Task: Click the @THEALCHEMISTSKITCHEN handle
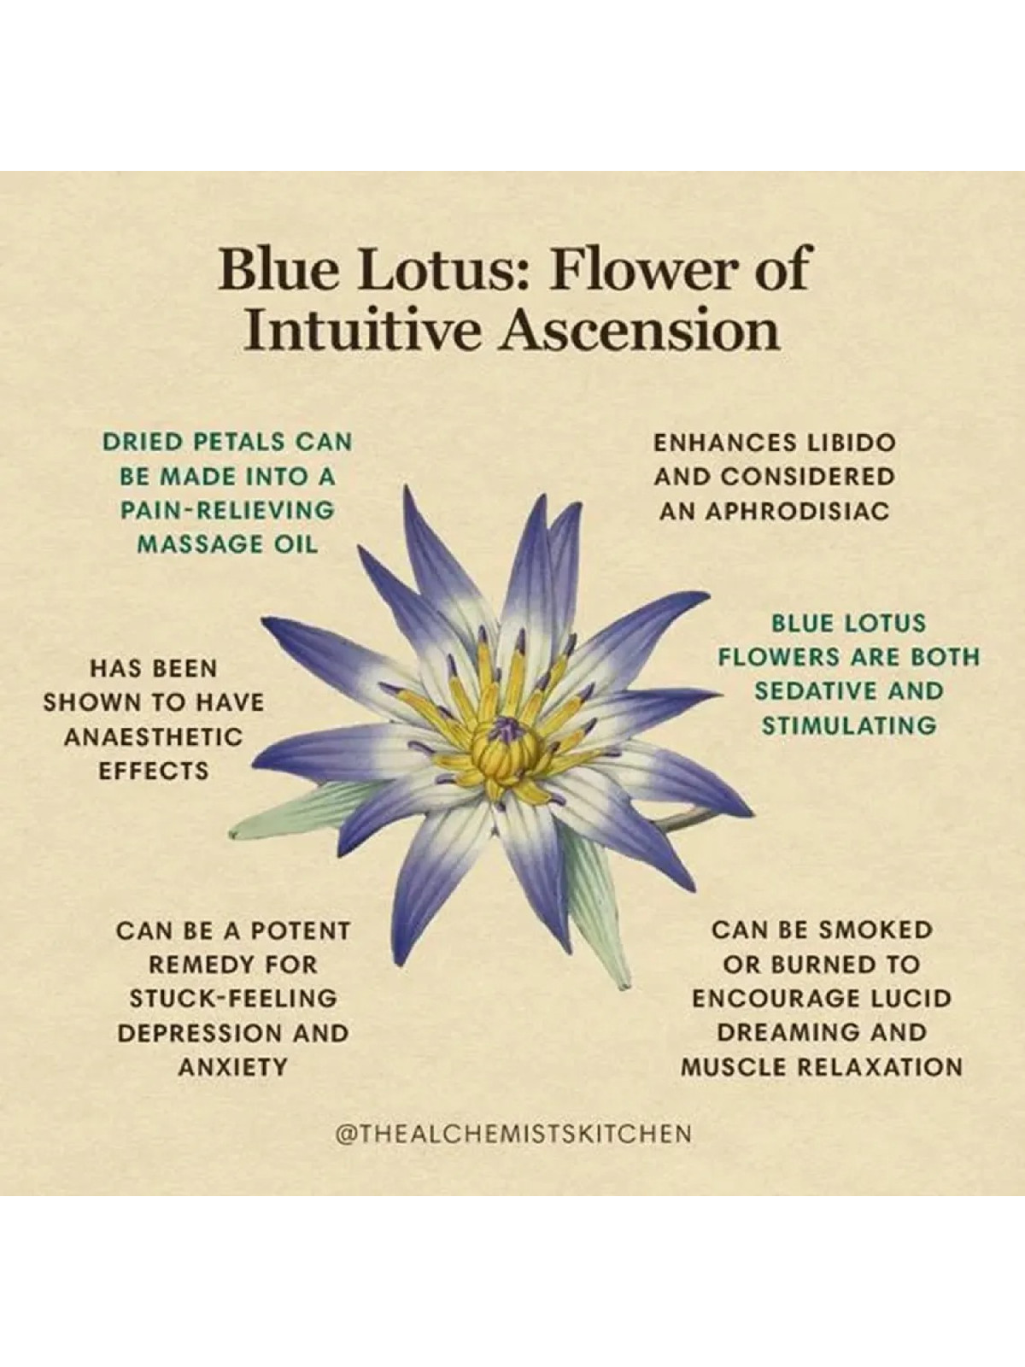[513, 1133]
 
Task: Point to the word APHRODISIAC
[775, 511]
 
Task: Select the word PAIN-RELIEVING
[226, 511]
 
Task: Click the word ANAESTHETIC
[153, 737]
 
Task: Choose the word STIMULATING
[849, 725]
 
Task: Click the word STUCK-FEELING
[232, 999]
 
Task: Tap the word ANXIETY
[232, 1067]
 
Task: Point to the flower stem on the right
[684, 821]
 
